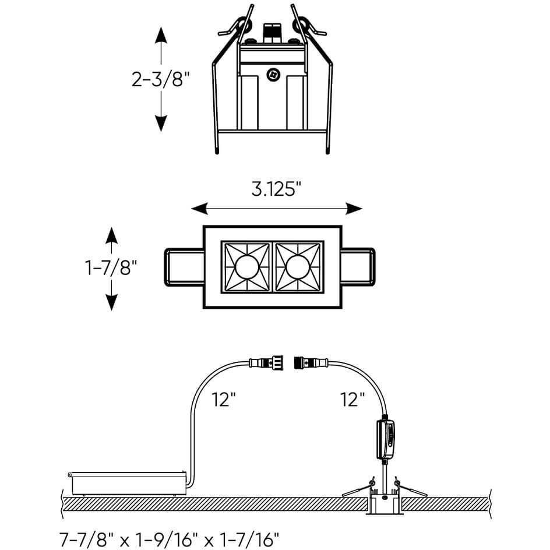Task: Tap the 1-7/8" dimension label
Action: pyautogui.click(x=111, y=268)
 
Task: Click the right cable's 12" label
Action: pyautogui.click(x=352, y=399)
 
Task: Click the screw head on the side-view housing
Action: pyautogui.click(x=272, y=75)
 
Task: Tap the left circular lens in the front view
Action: pyautogui.click(x=246, y=266)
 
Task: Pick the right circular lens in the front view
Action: pyautogui.click(x=298, y=266)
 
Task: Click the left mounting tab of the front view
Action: pyautogui.click(x=184, y=266)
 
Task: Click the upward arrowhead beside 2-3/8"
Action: pyautogui.click(x=161, y=36)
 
